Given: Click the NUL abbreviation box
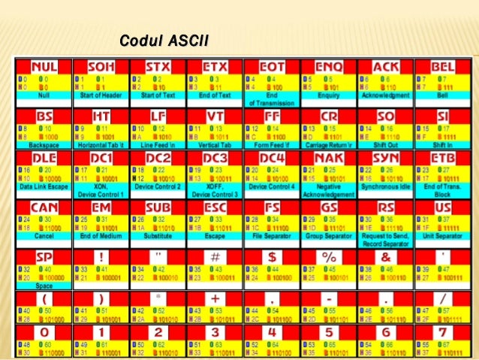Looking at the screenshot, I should click(x=44, y=68).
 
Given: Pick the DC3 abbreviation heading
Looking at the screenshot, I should click(x=215, y=160).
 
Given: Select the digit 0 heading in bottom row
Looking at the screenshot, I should click(x=44, y=332).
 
